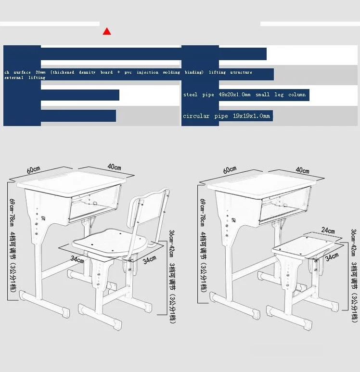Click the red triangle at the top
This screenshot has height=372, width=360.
107,32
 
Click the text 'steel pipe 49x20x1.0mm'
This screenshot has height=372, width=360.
217,95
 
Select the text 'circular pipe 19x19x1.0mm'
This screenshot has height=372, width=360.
227,116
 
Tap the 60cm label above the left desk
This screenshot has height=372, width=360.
33,170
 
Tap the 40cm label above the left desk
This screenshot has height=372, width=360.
114,167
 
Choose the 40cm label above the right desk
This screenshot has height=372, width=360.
303,170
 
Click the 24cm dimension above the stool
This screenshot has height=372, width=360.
328,231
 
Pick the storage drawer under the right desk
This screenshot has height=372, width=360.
284,205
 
